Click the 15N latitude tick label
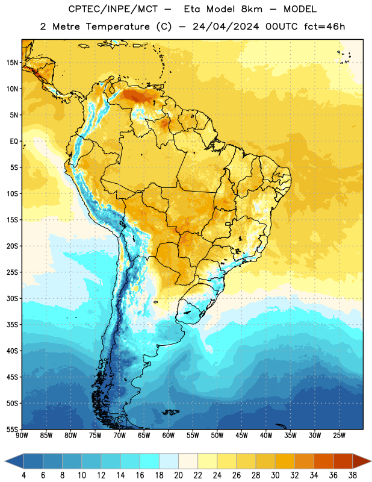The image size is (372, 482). (x=12, y=63)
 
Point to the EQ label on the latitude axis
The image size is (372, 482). (x=14, y=142)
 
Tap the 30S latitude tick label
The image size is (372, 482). (x=12, y=298)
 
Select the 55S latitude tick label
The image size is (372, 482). (x=12, y=429)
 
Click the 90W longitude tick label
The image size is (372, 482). (x=22, y=436)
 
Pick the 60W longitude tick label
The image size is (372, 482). (x=169, y=436)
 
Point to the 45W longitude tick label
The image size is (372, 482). (x=241, y=436)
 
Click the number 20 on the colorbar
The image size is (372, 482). (x=178, y=475)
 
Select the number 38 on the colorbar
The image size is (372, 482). (x=353, y=475)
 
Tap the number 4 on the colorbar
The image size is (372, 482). (x=23, y=475)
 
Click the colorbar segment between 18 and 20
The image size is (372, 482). (x=169, y=461)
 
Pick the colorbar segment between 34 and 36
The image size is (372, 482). (x=323, y=461)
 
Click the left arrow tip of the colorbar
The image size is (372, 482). (x=5, y=461)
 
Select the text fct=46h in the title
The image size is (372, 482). (x=324, y=27)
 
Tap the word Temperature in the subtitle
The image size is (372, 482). (x=117, y=27)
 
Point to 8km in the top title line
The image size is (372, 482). (x=252, y=9)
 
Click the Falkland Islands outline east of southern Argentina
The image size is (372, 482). (x=171, y=412)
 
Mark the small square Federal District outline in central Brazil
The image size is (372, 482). (x=228, y=224)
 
